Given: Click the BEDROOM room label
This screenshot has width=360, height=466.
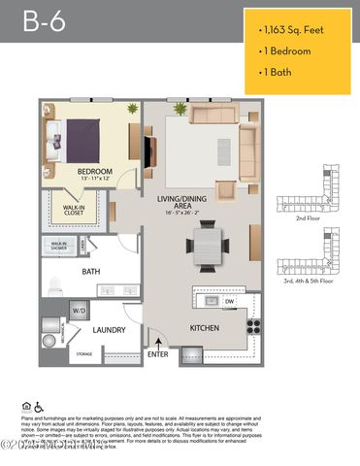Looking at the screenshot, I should point(95,172).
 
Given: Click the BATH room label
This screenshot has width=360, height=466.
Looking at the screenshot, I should point(91,272).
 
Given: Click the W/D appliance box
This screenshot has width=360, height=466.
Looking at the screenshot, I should point(78,310).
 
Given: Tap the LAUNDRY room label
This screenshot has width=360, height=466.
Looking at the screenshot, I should point(110,330).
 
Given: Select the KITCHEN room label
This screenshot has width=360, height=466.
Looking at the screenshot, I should point(204,327).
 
